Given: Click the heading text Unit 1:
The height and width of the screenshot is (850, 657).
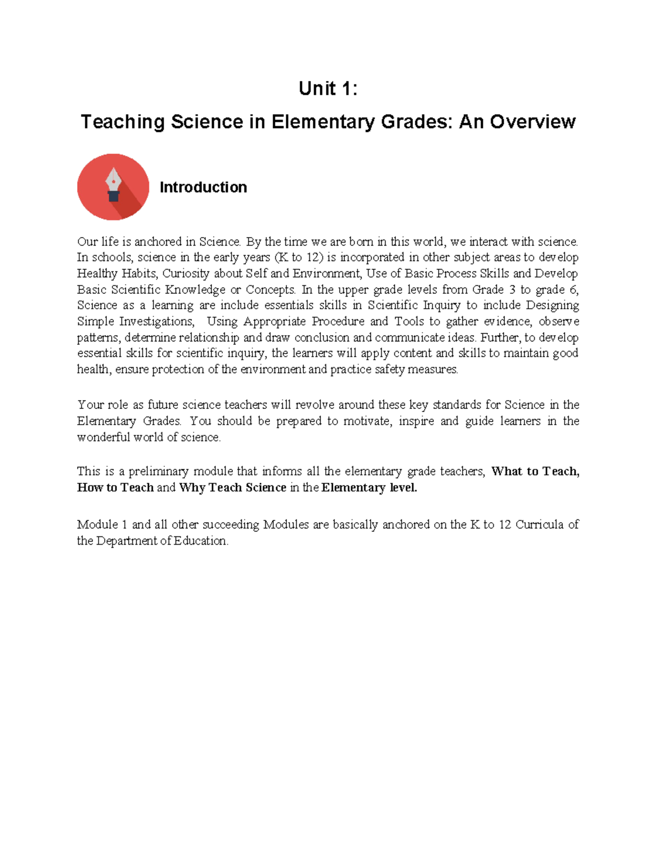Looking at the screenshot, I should coord(328,89).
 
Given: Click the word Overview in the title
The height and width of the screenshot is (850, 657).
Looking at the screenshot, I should coord(533,122).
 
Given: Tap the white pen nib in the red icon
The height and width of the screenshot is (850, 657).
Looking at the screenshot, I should coord(113,181).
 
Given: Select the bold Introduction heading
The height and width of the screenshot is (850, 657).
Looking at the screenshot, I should coord(203,187).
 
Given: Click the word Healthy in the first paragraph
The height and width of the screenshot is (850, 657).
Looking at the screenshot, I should coord(97,274).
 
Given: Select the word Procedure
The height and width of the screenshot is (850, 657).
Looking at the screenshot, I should coord(338,321).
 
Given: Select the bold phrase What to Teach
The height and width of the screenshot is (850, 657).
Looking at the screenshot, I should coord(535,471).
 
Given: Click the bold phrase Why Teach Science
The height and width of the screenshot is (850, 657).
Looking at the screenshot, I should coord(233,488).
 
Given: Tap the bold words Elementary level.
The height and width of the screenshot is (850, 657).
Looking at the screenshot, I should coord(369,488).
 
